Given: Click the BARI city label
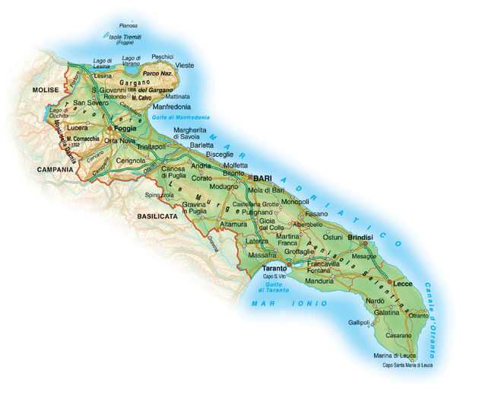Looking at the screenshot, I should point(263,177).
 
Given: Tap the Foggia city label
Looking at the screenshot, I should point(125,129).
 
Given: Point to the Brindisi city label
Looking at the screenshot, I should point(360,238).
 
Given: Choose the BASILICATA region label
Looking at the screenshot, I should point(157,216).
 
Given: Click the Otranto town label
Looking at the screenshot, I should point(408,315).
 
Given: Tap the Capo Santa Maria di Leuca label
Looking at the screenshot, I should point(407,365).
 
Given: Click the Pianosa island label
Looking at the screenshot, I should point(128,25).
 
